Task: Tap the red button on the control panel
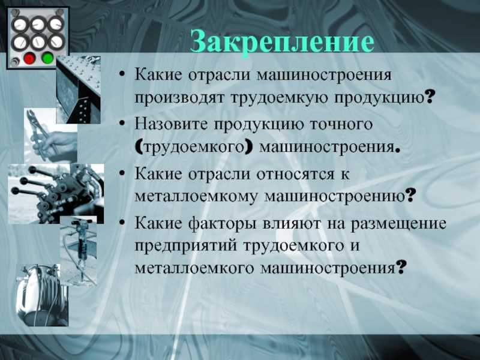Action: [29, 58]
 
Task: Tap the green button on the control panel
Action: [47, 58]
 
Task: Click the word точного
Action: [341, 124]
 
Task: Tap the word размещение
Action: [398, 224]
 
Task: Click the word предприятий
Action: [186, 246]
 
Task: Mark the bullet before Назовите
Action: [122, 124]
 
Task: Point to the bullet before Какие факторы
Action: [122, 223]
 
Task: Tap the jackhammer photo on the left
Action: [79, 250]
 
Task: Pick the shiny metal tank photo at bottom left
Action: [42, 295]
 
